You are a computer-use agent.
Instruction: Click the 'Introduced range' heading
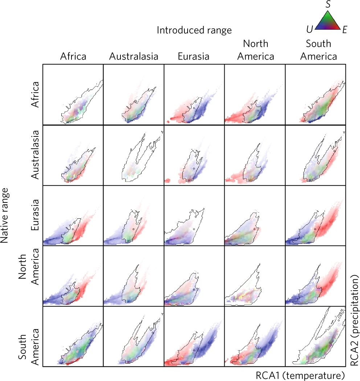tap(194, 30)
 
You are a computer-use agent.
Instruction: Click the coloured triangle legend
tap(328, 21)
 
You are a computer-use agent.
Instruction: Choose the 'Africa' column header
tap(73, 57)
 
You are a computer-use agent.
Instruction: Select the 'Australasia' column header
tap(134, 57)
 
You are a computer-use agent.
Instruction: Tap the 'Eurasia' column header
tap(193, 57)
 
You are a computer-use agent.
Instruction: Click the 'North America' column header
tap(255, 50)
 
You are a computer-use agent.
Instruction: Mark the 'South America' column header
tap(318, 50)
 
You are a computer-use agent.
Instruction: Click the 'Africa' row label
tap(35, 95)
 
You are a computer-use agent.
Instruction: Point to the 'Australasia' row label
tap(35, 155)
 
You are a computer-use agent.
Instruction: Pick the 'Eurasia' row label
tap(35, 216)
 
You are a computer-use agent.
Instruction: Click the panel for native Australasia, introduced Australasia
tap(134, 155)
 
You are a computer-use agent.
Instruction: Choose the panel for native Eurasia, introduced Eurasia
tap(194, 216)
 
